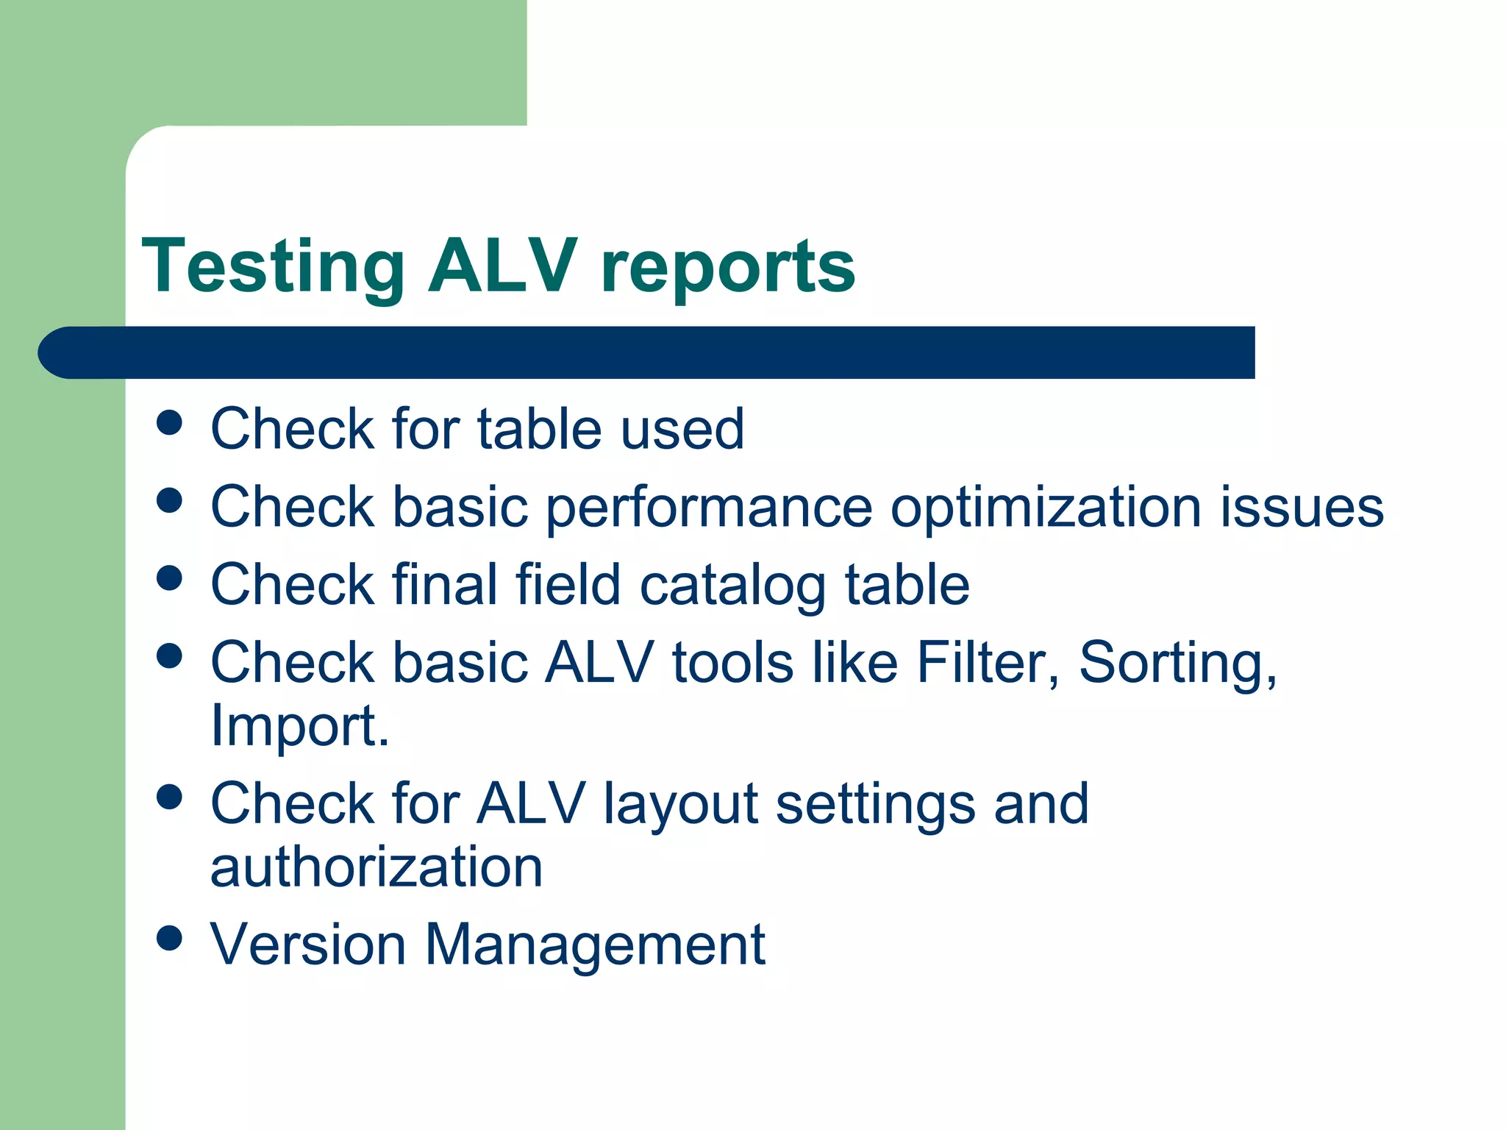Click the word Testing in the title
click(x=273, y=266)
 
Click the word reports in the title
click(x=728, y=266)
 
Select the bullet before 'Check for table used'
click(x=170, y=423)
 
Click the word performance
click(x=709, y=508)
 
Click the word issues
click(x=1302, y=508)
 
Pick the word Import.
click(x=299, y=725)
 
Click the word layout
click(x=681, y=803)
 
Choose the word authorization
click(x=376, y=867)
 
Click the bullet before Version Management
click(x=170, y=938)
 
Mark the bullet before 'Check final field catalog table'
click(x=170, y=578)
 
